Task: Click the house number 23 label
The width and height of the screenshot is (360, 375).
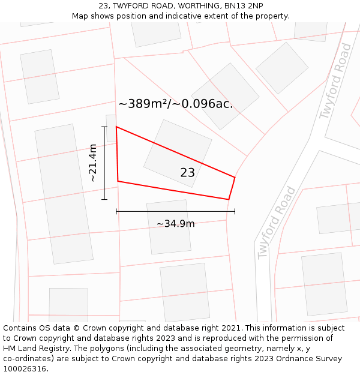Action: tap(187, 173)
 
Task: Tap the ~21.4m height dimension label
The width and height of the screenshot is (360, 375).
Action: tap(92, 163)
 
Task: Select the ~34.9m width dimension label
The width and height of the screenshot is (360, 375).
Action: tap(175, 224)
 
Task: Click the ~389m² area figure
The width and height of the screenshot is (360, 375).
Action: tap(142, 104)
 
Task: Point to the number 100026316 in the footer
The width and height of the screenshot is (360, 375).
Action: tap(25, 369)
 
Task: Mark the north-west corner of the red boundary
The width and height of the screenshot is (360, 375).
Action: tap(116, 127)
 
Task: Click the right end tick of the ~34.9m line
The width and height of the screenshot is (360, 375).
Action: tap(235, 211)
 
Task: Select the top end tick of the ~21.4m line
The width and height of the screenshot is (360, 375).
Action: tap(104, 127)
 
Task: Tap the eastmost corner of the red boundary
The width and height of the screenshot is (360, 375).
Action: tap(235, 177)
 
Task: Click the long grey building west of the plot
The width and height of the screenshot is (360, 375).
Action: tap(64, 194)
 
